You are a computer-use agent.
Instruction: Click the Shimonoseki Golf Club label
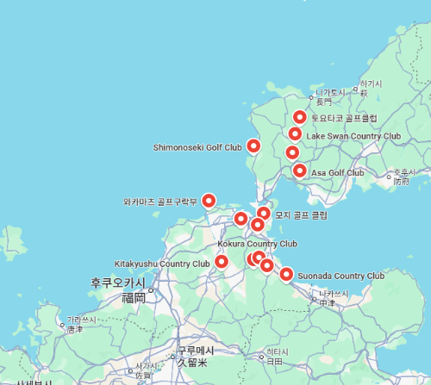pyautogui.click(x=197, y=147)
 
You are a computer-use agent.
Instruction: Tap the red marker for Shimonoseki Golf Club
pyautogui.click(x=253, y=146)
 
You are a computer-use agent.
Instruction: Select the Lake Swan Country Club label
pyautogui.click(x=353, y=136)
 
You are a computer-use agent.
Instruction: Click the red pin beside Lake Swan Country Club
pyautogui.click(x=295, y=134)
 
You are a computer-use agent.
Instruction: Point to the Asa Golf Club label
pyautogui.click(x=337, y=173)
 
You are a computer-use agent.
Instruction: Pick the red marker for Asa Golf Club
pyautogui.click(x=299, y=171)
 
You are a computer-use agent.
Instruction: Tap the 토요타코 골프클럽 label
pyautogui.click(x=345, y=118)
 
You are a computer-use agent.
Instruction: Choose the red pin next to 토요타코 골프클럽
pyautogui.click(x=300, y=117)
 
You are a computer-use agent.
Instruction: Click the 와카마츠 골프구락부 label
pyautogui.click(x=160, y=203)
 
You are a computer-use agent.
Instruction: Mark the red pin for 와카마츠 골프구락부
pyautogui.click(x=208, y=201)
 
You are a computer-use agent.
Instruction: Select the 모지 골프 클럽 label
pyautogui.click(x=301, y=214)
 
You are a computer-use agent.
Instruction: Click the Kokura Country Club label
pyautogui.click(x=257, y=244)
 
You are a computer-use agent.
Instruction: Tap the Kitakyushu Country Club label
pyautogui.click(x=162, y=264)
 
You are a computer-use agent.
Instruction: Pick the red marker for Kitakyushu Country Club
pyautogui.click(x=222, y=262)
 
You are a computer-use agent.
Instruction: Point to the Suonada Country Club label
pyautogui.click(x=340, y=276)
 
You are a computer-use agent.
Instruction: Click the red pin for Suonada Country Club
pyautogui.click(x=286, y=275)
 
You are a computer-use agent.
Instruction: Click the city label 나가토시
pyautogui.click(x=329, y=92)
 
